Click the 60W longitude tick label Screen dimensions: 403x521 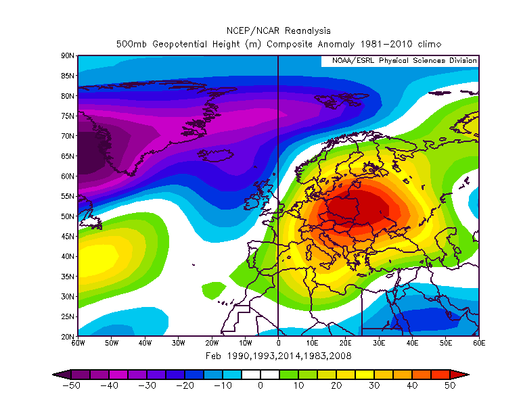pos(78,343)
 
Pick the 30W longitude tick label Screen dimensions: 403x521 pos(178,343)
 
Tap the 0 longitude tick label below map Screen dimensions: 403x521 pos(278,343)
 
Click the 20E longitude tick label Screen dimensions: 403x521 pos(345,343)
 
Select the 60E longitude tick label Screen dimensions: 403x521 pos(478,343)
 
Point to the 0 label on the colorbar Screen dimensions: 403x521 pos(260,385)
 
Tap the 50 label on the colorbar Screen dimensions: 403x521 pos(450,385)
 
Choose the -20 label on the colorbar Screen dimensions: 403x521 pos(185,385)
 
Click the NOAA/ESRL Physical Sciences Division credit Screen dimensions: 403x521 pos(404,61)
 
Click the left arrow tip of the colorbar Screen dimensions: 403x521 pos(53,374)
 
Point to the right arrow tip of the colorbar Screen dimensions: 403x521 pos(468,374)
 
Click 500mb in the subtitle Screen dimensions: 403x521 pos(129,44)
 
